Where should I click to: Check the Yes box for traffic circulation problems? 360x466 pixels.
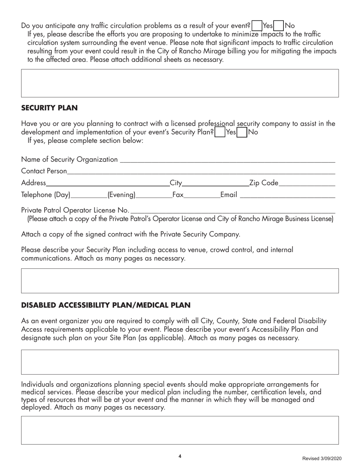tap(257, 26)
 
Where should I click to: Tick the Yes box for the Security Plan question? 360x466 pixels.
tap(219, 133)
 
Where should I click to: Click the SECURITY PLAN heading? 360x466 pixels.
tap(49, 108)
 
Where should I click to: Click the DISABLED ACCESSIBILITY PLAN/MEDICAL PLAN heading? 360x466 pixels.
tap(106, 305)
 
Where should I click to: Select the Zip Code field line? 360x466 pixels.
tap(307, 185)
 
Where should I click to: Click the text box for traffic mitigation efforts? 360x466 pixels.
tap(180, 83)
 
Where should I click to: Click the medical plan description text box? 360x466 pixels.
tap(180, 430)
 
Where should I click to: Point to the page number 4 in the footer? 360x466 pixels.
tap(180, 456)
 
